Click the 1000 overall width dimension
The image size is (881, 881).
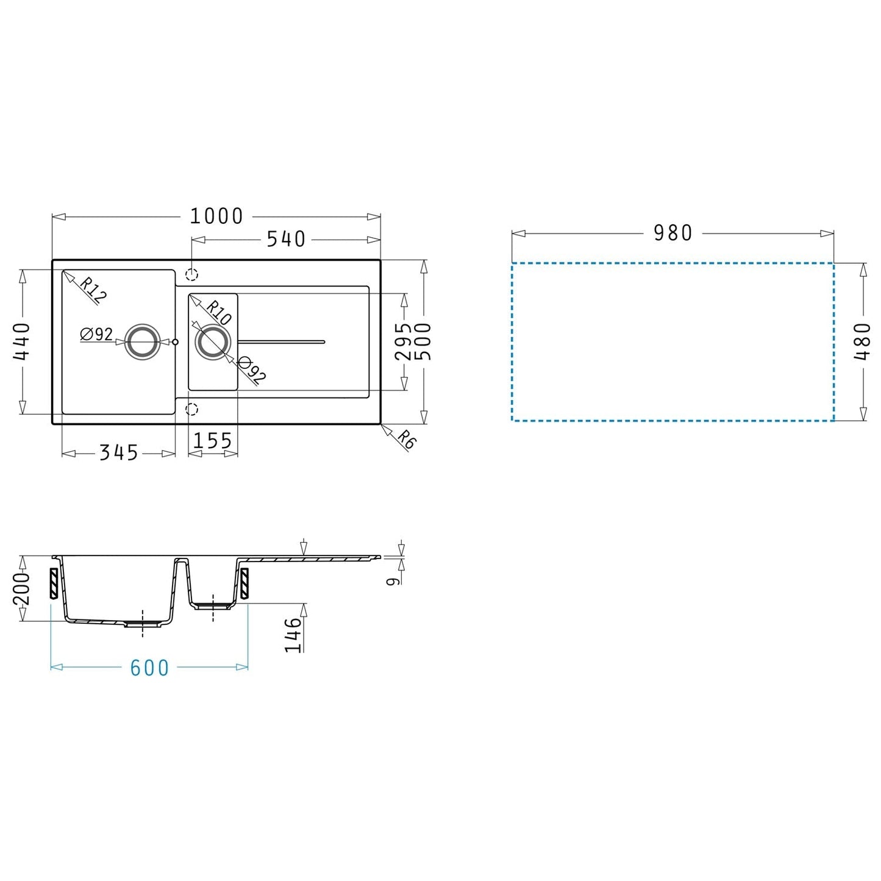[x=216, y=216]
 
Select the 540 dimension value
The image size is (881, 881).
[x=286, y=239]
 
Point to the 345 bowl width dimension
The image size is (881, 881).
[x=118, y=452]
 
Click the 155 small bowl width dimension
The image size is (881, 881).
[x=213, y=441]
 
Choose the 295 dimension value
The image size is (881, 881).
[x=403, y=341]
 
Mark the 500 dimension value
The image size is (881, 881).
[x=423, y=341]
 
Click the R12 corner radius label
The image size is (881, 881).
[x=93, y=290]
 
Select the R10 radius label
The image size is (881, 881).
[x=218, y=313]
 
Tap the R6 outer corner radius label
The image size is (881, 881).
[x=406, y=440]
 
